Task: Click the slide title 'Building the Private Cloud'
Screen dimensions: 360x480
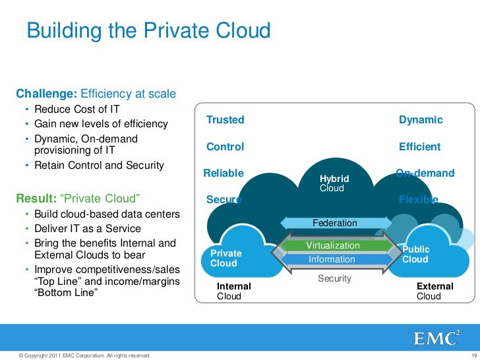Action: pyautogui.click(x=148, y=31)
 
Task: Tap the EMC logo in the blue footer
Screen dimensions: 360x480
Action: pyautogui.click(x=436, y=338)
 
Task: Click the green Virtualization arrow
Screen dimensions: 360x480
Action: pyautogui.click(x=333, y=246)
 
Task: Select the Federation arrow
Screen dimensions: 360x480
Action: pyautogui.click(x=334, y=224)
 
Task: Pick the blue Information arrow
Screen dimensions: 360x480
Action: pyautogui.click(x=332, y=260)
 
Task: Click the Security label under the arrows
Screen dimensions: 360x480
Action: pyautogui.click(x=334, y=279)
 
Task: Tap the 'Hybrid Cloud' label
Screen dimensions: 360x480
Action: pyautogui.click(x=334, y=183)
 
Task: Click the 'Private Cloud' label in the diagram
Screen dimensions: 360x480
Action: pyautogui.click(x=225, y=258)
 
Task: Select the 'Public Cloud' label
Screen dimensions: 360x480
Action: pyautogui.click(x=415, y=255)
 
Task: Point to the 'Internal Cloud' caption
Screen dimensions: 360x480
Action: pyautogui.click(x=233, y=291)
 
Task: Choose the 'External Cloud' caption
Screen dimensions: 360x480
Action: pyautogui.click(x=435, y=291)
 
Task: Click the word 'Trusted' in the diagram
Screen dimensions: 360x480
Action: pyautogui.click(x=225, y=120)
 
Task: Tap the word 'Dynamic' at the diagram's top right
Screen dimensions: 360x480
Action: pyautogui.click(x=421, y=120)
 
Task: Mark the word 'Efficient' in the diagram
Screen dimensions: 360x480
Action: pyautogui.click(x=419, y=147)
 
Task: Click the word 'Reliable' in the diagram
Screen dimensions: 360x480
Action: pyautogui.click(x=224, y=173)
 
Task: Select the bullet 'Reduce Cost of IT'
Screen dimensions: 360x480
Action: pyautogui.click(x=76, y=109)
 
